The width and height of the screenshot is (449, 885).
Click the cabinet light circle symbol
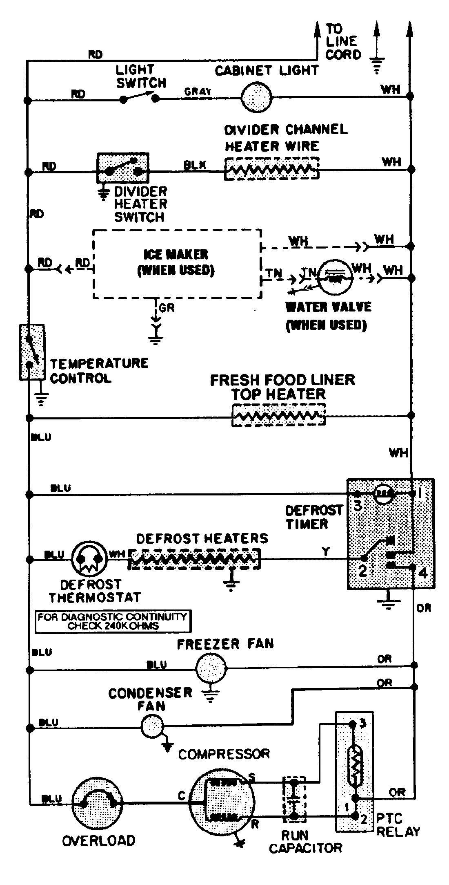click(x=256, y=97)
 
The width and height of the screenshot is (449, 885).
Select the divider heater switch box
click(x=122, y=168)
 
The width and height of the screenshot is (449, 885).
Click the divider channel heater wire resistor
click(x=271, y=168)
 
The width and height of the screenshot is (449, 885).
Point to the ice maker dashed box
click(x=177, y=264)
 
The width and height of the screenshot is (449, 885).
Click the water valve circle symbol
click(x=334, y=278)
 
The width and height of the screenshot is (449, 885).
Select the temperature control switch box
click(x=31, y=352)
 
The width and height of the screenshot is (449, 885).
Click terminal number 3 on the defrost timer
click(x=358, y=506)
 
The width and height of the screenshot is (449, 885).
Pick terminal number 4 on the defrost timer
click(x=423, y=572)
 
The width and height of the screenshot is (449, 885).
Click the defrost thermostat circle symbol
click(x=89, y=558)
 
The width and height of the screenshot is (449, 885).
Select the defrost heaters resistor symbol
click(x=194, y=558)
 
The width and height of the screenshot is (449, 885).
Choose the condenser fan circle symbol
click(x=152, y=726)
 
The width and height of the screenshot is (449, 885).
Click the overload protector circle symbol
click(x=97, y=803)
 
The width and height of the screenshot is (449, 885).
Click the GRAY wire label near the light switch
click(x=198, y=92)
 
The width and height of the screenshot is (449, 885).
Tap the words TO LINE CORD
click(x=343, y=42)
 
